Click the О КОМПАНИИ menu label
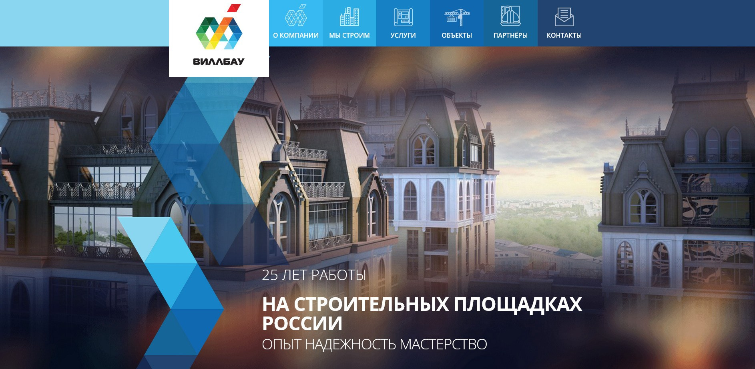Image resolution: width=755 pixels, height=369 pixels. pyautogui.click(x=296, y=35)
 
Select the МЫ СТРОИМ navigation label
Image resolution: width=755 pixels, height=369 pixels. pyautogui.click(x=349, y=35)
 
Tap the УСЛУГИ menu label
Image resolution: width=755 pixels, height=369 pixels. pyautogui.click(x=403, y=35)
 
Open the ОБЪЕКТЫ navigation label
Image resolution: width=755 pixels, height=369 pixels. pyautogui.click(x=457, y=35)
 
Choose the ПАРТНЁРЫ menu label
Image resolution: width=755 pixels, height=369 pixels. pyautogui.click(x=510, y=35)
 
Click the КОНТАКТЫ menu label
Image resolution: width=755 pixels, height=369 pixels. pyautogui.click(x=564, y=35)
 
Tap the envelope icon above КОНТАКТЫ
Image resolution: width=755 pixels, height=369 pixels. pyautogui.click(x=564, y=17)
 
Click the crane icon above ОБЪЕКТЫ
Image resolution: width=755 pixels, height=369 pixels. pyautogui.click(x=457, y=17)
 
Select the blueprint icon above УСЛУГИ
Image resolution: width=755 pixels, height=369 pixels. pyautogui.click(x=403, y=17)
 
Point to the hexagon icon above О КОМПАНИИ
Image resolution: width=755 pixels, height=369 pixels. pyautogui.click(x=296, y=16)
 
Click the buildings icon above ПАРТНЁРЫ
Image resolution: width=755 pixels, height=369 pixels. pyautogui.click(x=510, y=16)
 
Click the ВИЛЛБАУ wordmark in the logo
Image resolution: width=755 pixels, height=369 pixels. pyautogui.click(x=219, y=62)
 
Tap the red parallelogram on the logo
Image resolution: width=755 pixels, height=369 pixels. pyautogui.click(x=234, y=8)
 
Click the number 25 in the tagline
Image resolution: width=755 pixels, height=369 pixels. pyautogui.click(x=270, y=275)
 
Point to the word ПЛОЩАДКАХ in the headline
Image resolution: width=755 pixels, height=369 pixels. pyautogui.click(x=518, y=304)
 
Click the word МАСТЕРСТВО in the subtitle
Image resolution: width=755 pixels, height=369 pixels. pyautogui.click(x=443, y=345)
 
